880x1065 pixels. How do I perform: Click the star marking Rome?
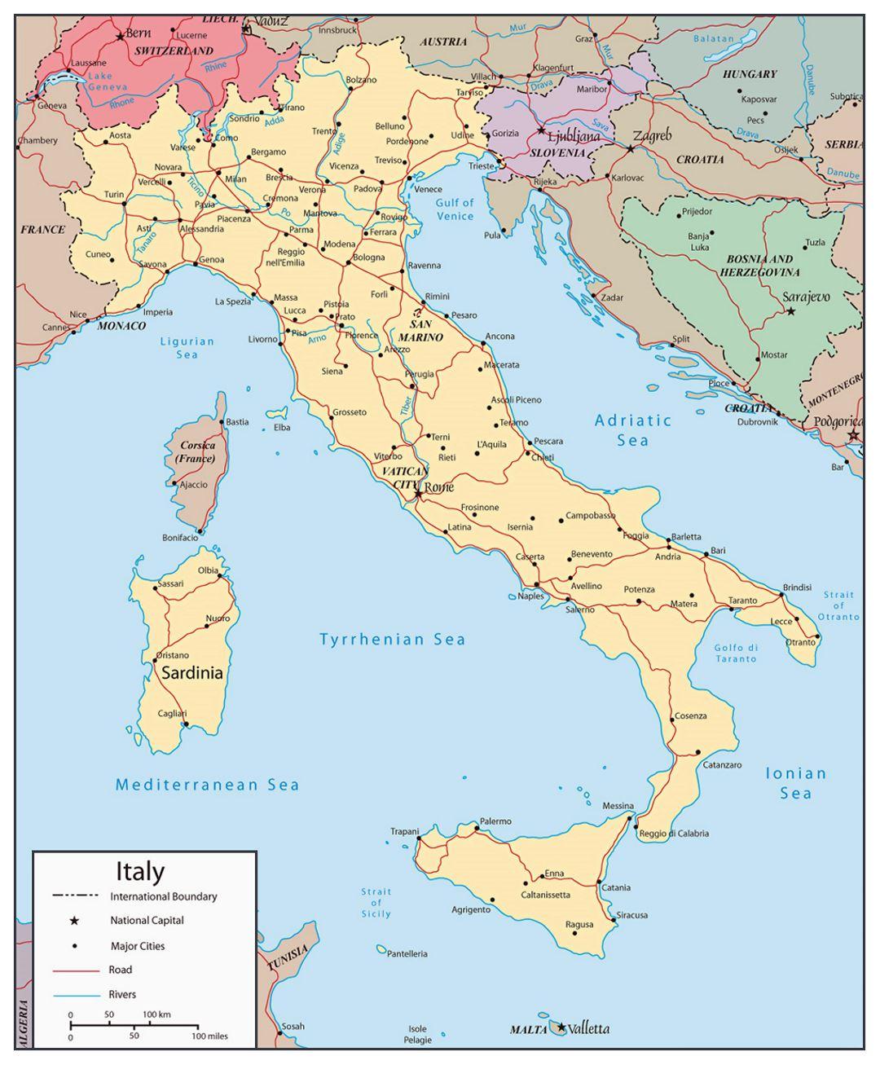[418, 493]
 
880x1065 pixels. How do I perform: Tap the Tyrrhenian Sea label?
[392, 640]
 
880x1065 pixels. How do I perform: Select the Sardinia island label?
[191, 673]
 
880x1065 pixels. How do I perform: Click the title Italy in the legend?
[140, 871]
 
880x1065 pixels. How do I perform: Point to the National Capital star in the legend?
[74, 921]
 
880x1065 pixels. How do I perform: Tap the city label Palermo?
[495, 821]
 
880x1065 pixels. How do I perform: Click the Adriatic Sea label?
[633, 430]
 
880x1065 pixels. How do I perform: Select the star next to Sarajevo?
[790, 310]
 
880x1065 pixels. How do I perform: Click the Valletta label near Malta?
[588, 1028]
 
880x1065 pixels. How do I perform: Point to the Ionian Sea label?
[795, 783]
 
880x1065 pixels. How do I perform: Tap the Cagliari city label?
[172, 713]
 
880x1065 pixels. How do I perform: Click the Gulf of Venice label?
[455, 209]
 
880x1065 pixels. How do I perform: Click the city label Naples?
[530, 596]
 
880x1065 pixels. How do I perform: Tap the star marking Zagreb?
[630, 149]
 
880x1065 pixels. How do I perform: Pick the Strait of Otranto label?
[838, 605]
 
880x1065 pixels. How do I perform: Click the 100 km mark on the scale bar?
[156, 1014]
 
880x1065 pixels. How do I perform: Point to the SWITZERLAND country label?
[174, 51]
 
